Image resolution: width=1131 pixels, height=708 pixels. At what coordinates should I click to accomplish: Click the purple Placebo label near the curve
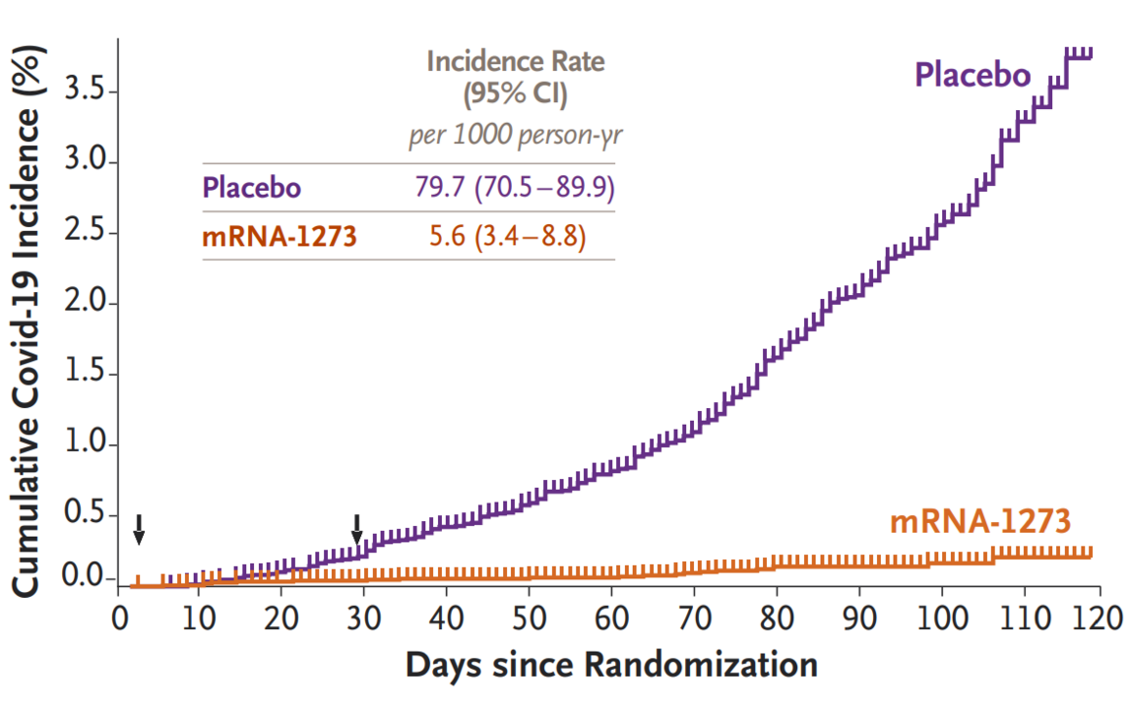(x=973, y=75)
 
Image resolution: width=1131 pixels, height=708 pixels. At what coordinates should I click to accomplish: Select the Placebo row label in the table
(x=251, y=187)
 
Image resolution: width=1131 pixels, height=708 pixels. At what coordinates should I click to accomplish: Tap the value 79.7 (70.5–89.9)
(x=517, y=187)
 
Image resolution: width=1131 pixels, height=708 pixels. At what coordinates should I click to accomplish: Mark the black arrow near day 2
(x=140, y=528)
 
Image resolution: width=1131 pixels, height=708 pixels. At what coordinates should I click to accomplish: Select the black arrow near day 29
(x=357, y=528)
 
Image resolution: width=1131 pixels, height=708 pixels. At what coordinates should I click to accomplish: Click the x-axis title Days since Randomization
(x=611, y=665)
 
